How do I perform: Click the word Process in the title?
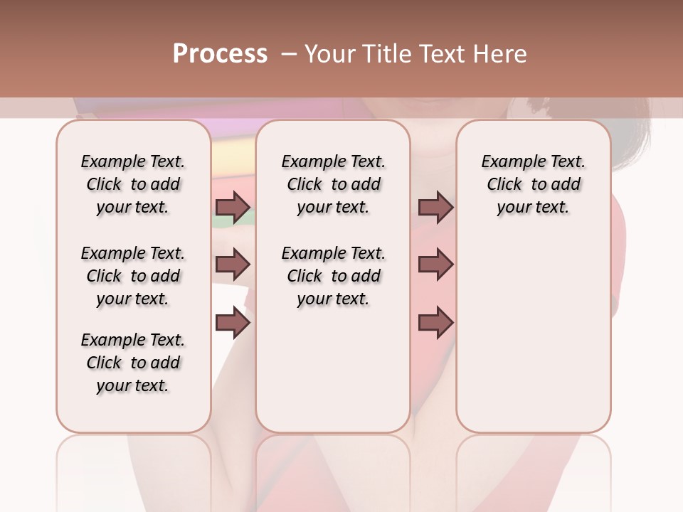click(x=220, y=54)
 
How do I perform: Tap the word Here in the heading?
click(x=501, y=54)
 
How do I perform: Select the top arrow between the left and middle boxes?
click(x=233, y=208)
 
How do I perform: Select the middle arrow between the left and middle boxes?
click(x=233, y=265)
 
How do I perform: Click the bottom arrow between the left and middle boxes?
click(x=233, y=324)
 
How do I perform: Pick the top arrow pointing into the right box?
click(x=435, y=208)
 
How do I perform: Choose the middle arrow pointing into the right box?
click(x=435, y=265)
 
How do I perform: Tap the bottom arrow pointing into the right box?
click(x=435, y=324)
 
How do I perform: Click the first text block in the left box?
click(x=133, y=184)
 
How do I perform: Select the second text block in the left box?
click(x=133, y=276)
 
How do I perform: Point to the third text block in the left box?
click(x=133, y=363)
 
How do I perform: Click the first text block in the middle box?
click(x=333, y=184)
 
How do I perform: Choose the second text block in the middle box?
click(x=333, y=276)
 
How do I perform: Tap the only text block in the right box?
click(x=533, y=184)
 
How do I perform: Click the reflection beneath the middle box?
click(x=333, y=469)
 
